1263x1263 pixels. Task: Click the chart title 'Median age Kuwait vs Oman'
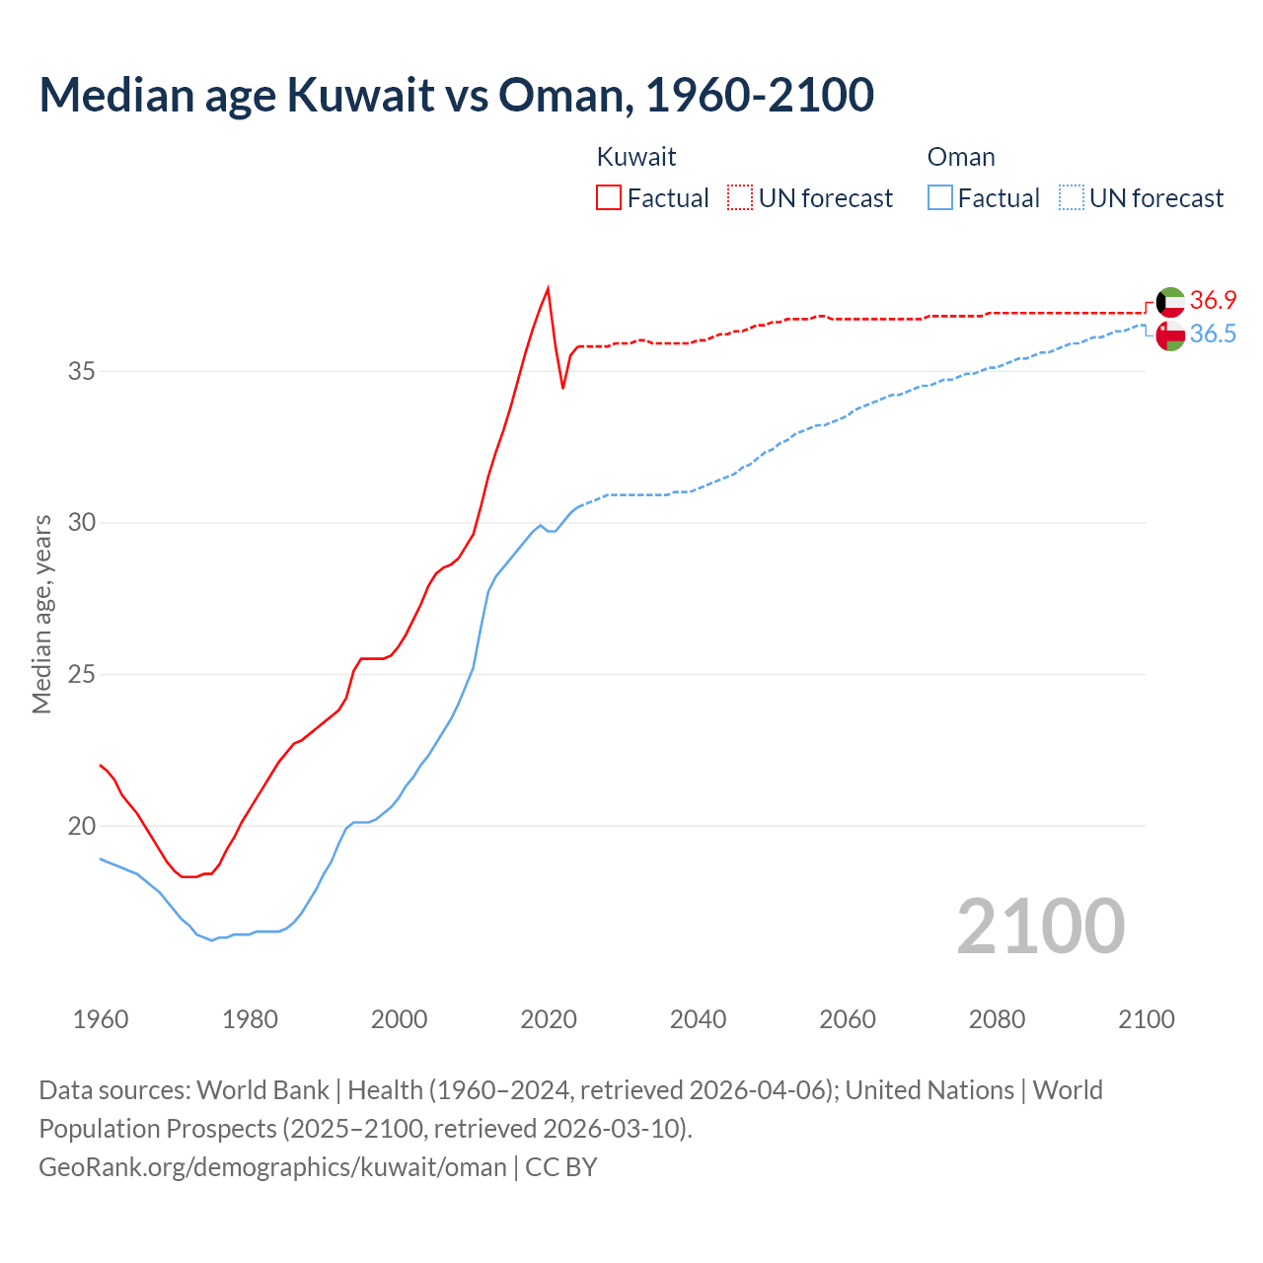pyautogui.click(x=456, y=95)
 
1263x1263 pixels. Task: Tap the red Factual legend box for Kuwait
pyautogui.click(x=609, y=198)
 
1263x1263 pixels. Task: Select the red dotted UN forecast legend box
pyautogui.click(x=740, y=198)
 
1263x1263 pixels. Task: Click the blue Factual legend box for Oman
pyautogui.click(x=939, y=198)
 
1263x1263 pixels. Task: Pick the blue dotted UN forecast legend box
pyautogui.click(x=1071, y=198)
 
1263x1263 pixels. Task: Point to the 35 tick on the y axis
pyautogui.click(x=82, y=372)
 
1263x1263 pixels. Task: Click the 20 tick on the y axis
pyautogui.click(x=82, y=826)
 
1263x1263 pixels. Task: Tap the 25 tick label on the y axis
pyautogui.click(x=82, y=675)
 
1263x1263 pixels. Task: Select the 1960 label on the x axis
pyautogui.click(x=101, y=1019)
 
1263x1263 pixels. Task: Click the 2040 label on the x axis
pyautogui.click(x=698, y=1019)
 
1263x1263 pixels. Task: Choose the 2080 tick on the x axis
pyautogui.click(x=997, y=1019)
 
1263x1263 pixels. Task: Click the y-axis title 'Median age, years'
pyautogui.click(x=41, y=614)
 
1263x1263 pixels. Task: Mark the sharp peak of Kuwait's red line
pyautogui.click(x=548, y=288)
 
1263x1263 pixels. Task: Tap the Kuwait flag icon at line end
pyautogui.click(x=1170, y=301)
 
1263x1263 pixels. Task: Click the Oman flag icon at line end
pyautogui.click(x=1170, y=335)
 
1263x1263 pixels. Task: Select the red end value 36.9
pyautogui.click(x=1213, y=300)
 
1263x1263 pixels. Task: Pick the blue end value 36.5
pyautogui.click(x=1213, y=334)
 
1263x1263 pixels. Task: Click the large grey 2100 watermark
pyautogui.click(x=1040, y=926)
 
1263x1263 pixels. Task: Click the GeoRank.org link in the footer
pyautogui.click(x=272, y=1167)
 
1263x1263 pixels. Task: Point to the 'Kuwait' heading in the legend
pyautogui.click(x=636, y=157)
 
